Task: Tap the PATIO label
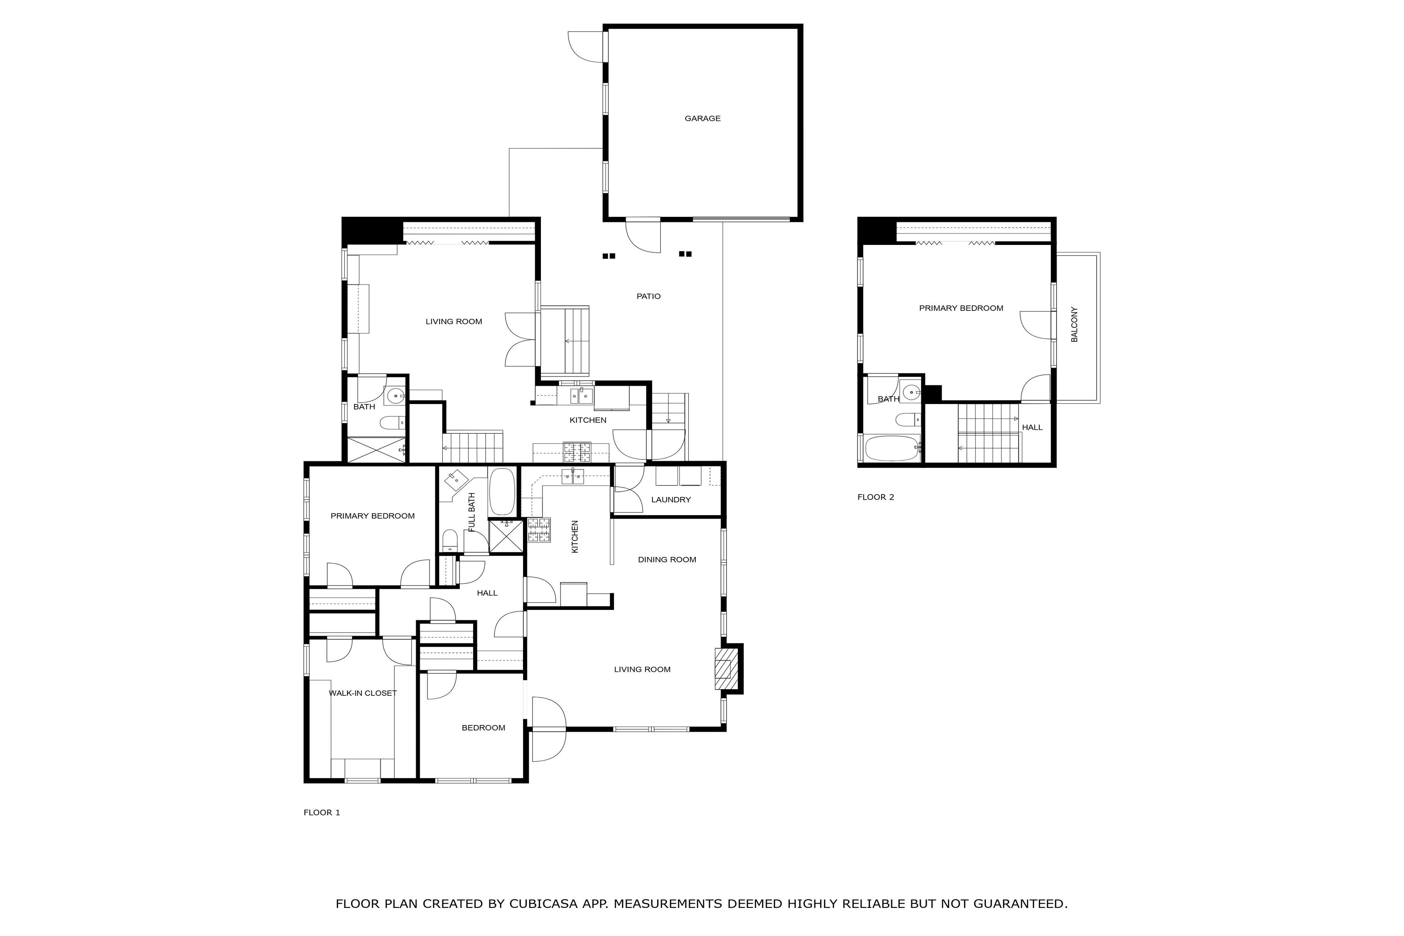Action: (648, 296)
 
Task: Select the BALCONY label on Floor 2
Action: (1074, 325)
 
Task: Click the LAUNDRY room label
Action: (670, 500)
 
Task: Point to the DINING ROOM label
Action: (667, 559)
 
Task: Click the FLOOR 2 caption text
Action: (875, 497)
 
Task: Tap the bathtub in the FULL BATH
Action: (502, 491)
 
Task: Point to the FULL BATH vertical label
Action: (472, 512)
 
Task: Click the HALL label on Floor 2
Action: (1032, 427)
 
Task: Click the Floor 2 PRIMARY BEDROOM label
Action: (961, 308)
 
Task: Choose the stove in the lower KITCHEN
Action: (539, 530)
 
